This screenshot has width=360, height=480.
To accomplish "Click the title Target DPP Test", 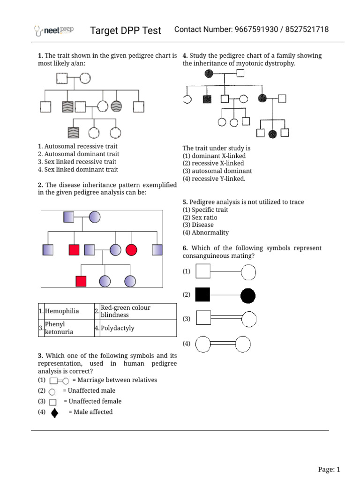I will click(x=126, y=31).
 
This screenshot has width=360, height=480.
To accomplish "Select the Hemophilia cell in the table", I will click(x=62, y=311).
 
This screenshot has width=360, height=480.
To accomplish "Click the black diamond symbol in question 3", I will click(x=55, y=412).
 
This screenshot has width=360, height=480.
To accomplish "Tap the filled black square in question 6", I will click(x=202, y=295).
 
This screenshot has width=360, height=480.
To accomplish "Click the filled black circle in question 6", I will click(x=248, y=295).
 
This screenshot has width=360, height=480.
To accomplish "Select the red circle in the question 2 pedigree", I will click(x=131, y=249).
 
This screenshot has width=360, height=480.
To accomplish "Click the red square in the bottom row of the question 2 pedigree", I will click(x=81, y=281).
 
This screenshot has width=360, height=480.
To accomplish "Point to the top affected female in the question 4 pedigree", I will click(x=209, y=73).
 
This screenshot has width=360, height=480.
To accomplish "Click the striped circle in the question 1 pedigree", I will click(x=117, y=106).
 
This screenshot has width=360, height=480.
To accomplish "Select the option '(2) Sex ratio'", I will click(x=200, y=217).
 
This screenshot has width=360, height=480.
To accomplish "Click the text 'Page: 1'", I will click(x=329, y=469).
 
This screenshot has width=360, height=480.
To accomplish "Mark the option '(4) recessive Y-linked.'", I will click(x=214, y=179).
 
